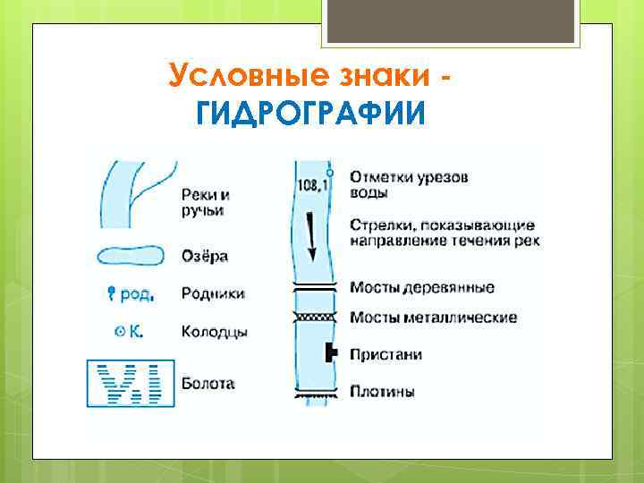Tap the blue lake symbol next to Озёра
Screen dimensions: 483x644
131,256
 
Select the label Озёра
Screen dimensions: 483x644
204,256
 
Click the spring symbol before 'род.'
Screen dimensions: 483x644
112,292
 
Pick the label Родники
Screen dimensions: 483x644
213,292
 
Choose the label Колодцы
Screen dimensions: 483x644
214,332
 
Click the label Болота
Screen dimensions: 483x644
208,384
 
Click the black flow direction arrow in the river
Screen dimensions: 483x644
312,234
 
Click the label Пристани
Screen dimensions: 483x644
386,355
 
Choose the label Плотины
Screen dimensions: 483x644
381,392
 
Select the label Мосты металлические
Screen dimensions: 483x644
433,318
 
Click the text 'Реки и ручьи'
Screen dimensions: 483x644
205,202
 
